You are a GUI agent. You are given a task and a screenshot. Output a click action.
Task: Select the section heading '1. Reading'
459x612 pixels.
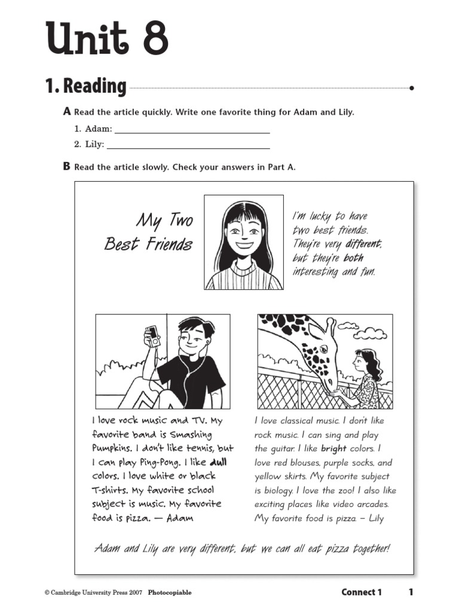pyautogui.click(x=85, y=87)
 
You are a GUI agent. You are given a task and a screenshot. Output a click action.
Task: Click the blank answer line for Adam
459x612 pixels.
pyautogui.click(x=191, y=131)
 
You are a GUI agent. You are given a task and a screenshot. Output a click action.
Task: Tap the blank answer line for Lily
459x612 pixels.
pyautogui.click(x=188, y=146)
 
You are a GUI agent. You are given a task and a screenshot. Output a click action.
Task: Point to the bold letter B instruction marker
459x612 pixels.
pyautogui.click(x=66, y=167)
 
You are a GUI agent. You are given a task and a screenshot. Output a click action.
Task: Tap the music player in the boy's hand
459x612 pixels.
pyautogui.click(x=152, y=336)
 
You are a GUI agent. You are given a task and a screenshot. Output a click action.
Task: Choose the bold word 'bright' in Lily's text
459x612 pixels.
pyautogui.click(x=333, y=448)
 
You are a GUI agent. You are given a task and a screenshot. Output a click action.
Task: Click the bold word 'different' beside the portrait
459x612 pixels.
pyautogui.click(x=362, y=244)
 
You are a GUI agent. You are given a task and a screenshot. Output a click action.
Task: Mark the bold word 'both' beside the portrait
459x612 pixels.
pyautogui.click(x=353, y=258)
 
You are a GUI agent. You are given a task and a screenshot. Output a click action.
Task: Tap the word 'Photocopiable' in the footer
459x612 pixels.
pyautogui.click(x=170, y=593)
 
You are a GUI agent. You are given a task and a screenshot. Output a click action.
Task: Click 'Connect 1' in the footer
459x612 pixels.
pyautogui.click(x=361, y=592)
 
